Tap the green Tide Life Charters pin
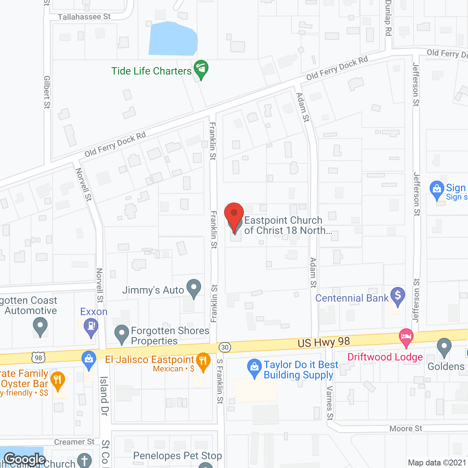[201, 69]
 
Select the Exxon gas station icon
[91, 326]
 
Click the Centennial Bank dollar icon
[397, 296]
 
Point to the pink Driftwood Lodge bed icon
[406, 337]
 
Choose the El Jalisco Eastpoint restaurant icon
[203, 361]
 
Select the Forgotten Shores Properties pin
[122, 333]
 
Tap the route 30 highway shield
[225, 347]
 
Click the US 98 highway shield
[38, 357]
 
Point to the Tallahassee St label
[84, 17]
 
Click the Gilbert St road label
[47, 92]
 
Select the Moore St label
[405, 429]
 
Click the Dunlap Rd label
[388, 18]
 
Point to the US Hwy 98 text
[324, 342]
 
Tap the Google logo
[25, 459]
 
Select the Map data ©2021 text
[437, 463]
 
